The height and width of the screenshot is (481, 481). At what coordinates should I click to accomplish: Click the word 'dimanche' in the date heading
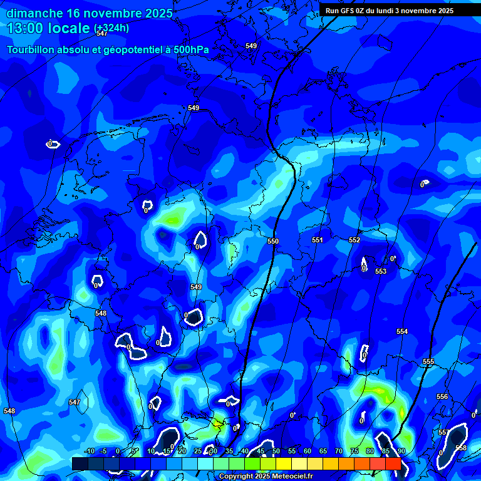(x=34, y=13)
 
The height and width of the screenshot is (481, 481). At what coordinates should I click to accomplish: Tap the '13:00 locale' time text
(x=48, y=28)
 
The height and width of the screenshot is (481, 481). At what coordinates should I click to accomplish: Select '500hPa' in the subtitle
(x=190, y=49)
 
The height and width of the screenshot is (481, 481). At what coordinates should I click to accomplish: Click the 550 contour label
(x=273, y=241)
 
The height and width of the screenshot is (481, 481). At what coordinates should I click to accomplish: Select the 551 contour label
(x=318, y=240)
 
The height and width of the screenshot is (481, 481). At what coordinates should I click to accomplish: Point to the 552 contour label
(x=354, y=240)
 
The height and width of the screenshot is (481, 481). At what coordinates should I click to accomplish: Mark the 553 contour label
(x=381, y=271)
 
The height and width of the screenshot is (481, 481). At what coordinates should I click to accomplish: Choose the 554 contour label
(x=402, y=331)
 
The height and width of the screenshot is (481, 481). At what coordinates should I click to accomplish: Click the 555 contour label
(x=428, y=362)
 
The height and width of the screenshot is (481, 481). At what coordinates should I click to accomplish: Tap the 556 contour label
(x=442, y=396)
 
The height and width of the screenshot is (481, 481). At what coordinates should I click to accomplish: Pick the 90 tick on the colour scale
(x=401, y=451)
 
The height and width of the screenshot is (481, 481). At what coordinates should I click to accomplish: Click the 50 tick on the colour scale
(x=276, y=451)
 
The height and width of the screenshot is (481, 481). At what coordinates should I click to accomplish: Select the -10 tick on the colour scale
(x=89, y=451)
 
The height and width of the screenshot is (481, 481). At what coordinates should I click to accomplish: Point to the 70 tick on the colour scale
(x=339, y=451)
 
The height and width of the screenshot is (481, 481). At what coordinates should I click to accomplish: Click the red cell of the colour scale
(x=393, y=463)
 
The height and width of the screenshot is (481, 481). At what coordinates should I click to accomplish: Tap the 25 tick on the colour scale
(x=198, y=451)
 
